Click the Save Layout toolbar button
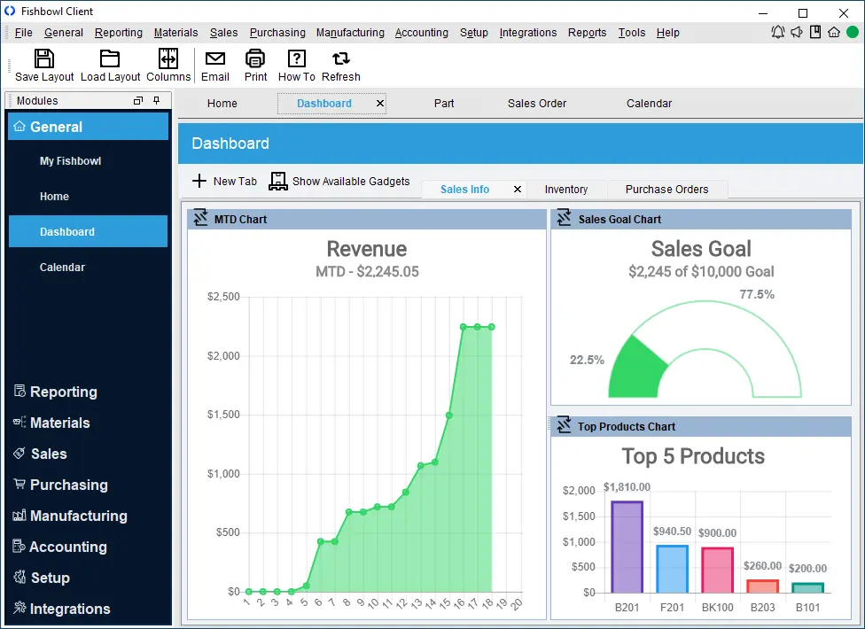[44, 66]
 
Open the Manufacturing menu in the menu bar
[350, 33]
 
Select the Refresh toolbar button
[340, 66]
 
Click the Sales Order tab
[537, 104]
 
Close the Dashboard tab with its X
[380, 104]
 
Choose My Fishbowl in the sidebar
[70, 161]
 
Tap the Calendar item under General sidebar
[62, 268]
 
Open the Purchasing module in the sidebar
[68, 485]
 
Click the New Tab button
[224, 181]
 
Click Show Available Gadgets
[340, 181]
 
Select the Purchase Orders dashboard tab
[666, 190]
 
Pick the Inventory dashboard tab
[565, 190]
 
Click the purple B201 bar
[627, 547]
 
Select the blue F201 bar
[672, 569]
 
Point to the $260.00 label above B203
[761, 565]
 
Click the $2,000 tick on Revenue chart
[223, 356]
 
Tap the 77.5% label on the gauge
[756, 294]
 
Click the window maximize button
[803, 12]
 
